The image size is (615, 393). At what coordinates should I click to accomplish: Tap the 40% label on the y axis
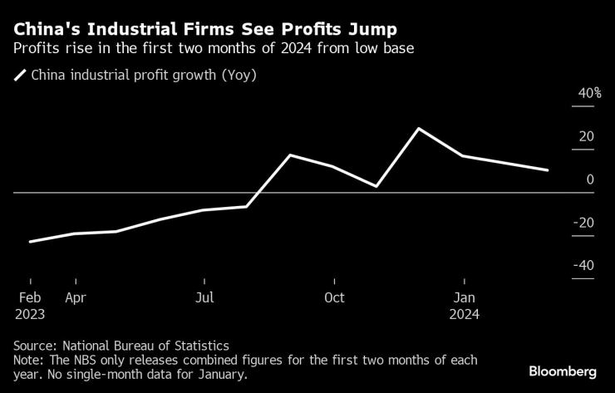tap(590, 93)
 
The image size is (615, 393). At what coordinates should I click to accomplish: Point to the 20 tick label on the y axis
tap(586, 136)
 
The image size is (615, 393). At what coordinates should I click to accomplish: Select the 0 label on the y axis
tap(590, 179)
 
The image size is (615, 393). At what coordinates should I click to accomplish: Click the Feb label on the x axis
tap(31, 297)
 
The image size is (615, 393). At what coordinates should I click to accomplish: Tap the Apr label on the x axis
tap(76, 297)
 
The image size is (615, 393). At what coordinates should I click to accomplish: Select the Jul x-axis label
tap(204, 297)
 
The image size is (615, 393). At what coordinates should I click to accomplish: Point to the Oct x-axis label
tap(334, 297)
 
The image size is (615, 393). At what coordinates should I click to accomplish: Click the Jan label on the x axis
tap(464, 297)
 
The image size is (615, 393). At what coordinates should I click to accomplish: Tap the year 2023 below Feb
tap(31, 315)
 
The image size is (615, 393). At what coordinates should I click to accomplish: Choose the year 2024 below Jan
tap(464, 315)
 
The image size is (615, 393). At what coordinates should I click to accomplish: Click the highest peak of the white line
tap(419, 129)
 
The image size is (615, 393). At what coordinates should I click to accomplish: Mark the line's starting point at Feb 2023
tap(31, 242)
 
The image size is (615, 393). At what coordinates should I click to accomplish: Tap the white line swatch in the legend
tap(20, 76)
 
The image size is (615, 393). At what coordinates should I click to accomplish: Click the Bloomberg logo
tap(563, 371)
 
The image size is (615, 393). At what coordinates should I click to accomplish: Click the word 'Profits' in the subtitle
tap(37, 48)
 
